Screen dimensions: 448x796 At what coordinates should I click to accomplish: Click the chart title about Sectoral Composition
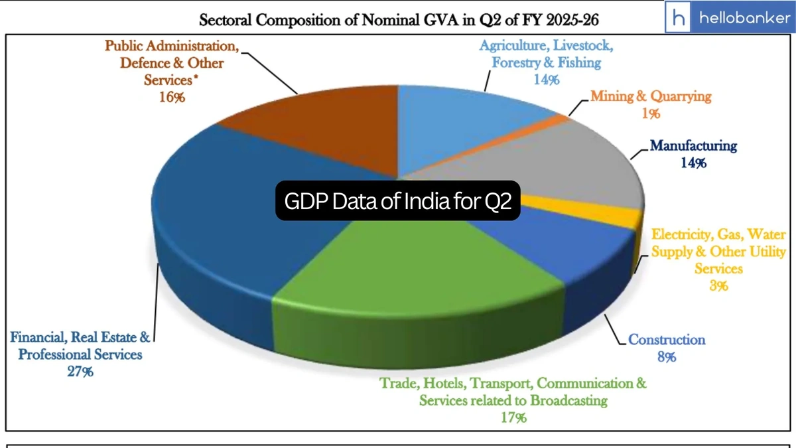[x=399, y=20]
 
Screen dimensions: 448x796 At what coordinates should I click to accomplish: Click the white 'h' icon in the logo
[x=680, y=18]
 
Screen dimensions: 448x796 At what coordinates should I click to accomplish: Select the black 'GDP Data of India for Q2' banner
[x=398, y=202]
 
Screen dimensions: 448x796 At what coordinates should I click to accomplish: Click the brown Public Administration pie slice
[x=312, y=126]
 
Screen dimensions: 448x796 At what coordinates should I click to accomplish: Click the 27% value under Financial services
[x=80, y=372]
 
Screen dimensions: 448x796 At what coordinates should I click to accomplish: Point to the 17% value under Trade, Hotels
[x=513, y=417]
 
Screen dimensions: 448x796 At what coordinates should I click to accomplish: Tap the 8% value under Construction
[x=667, y=357]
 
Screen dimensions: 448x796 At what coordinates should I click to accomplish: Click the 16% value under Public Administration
[x=172, y=97]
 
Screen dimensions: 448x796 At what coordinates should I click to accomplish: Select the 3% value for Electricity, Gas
[x=718, y=285]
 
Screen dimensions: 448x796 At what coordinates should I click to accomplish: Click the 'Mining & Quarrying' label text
[x=651, y=97]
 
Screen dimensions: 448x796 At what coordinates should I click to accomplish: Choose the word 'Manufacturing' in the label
[x=693, y=145]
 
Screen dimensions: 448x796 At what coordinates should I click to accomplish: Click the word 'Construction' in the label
[x=667, y=340]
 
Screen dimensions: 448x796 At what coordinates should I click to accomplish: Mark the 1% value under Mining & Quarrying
[x=651, y=113]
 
